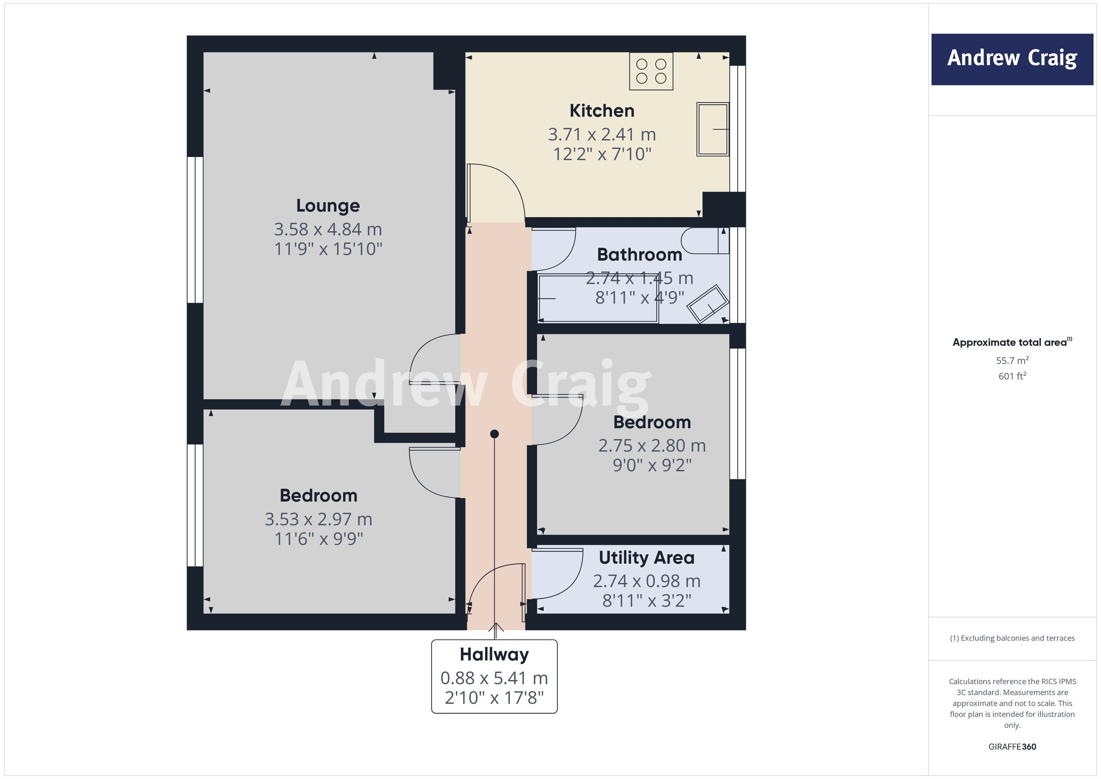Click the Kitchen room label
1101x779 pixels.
pos(602,111)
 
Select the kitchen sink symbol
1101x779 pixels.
pos(713,129)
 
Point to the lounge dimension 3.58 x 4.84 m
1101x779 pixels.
pos(328,229)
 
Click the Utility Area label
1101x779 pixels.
pos(646,557)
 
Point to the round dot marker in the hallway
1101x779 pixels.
pos(494,434)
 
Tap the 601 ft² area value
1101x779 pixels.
pos(1012,376)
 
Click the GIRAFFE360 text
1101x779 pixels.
pos(1012,746)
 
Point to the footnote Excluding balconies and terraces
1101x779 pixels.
pos(1012,638)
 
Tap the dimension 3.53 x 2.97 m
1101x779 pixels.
pos(318,519)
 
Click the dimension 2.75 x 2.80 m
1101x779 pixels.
pos(652,446)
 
